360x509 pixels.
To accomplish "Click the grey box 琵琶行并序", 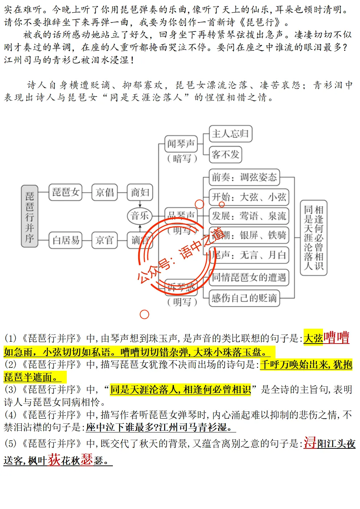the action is coord(29,216).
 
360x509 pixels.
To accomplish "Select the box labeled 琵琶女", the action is coord(66,192).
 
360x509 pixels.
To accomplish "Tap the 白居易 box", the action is coord(66,240).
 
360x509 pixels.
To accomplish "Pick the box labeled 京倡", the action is coord(105,192).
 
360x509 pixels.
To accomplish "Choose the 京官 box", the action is coord(105,240).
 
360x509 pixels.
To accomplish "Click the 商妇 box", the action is coord(140,192).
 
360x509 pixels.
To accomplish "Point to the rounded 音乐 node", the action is coord(139,216).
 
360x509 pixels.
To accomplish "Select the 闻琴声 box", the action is coord(181,144).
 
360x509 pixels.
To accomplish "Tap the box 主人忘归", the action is coord(230,134).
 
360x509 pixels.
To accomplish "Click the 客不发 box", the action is coord(225,155).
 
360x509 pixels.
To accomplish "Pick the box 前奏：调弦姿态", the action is coord(244,177).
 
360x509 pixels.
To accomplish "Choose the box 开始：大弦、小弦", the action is coord(249,197).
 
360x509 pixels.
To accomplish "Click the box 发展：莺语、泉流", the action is coord(249,216).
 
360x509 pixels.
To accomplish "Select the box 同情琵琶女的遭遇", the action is coord(249,278).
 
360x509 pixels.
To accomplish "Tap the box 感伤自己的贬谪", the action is coord(244,298).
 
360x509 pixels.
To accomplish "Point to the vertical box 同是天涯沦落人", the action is coord(314,238).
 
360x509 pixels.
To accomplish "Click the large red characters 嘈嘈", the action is coord(336,338).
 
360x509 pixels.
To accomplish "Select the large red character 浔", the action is coord(310,443).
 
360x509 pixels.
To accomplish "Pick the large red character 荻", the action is coord(54,460).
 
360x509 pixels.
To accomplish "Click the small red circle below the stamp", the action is coord(144,315).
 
